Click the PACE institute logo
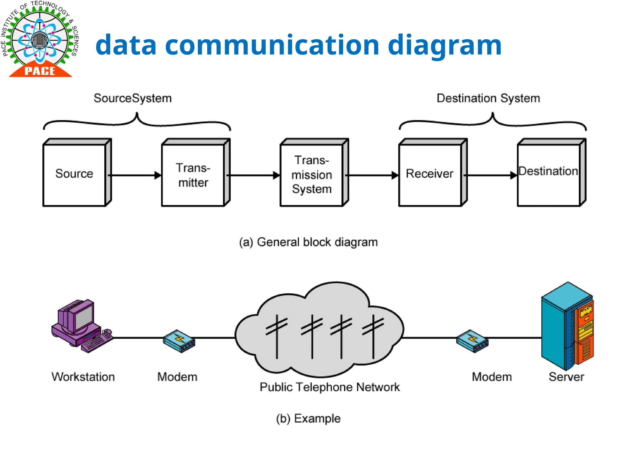(40, 39)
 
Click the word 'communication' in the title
(272, 45)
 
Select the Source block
(74, 174)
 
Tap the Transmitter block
(193, 175)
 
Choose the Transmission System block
(312, 175)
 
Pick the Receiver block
(429, 174)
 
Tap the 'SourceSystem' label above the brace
(133, 98)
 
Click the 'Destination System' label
(488, 98)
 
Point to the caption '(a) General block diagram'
(308, 242)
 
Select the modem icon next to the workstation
(179, 341)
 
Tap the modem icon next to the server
(472, 341)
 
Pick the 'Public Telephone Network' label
(329, 387)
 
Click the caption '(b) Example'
(308, 419)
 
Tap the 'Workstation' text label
(83, 377)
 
